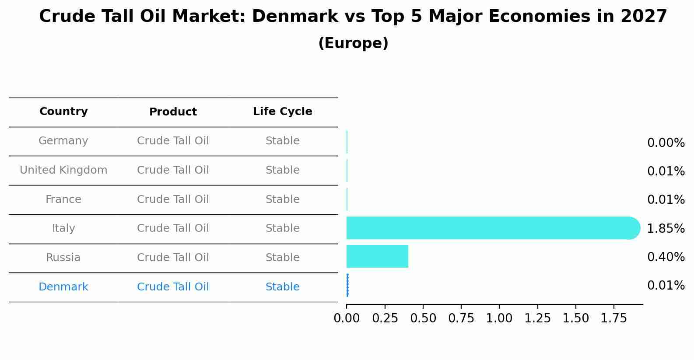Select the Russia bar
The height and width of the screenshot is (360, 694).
click(x=377, y=256)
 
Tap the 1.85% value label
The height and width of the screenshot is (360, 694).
click(x=666, y=228)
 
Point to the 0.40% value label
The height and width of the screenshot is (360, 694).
click(x=666, y=257)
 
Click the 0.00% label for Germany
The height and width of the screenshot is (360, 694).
click(x=666, y=143)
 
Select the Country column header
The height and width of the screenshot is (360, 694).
click(x=63, y=112)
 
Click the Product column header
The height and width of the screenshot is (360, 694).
click(x=173, y=112)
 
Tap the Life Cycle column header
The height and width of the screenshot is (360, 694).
click(x=282, y=112)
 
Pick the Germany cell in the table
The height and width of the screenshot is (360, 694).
click(x=63, y=141)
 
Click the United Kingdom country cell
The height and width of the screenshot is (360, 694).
click(x=63, y=170)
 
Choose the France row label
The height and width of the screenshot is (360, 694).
click(x=63, y=199)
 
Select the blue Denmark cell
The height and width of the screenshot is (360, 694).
click(x=63, y=287)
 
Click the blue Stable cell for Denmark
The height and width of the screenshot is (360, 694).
click(x=282, y=287)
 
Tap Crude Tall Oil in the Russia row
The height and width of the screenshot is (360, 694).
click(x=173, y=258)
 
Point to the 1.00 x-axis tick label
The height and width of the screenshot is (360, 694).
click(x=499, y=318)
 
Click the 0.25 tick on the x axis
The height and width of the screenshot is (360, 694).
click(x=385, y=318)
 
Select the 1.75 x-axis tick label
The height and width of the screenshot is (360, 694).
click(x=614, y=318)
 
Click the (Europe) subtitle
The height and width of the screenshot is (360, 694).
click(x=353, y=43)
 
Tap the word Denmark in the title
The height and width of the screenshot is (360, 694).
click(x=294, y=17)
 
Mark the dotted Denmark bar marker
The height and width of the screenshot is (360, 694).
click(x=347, y=285)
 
